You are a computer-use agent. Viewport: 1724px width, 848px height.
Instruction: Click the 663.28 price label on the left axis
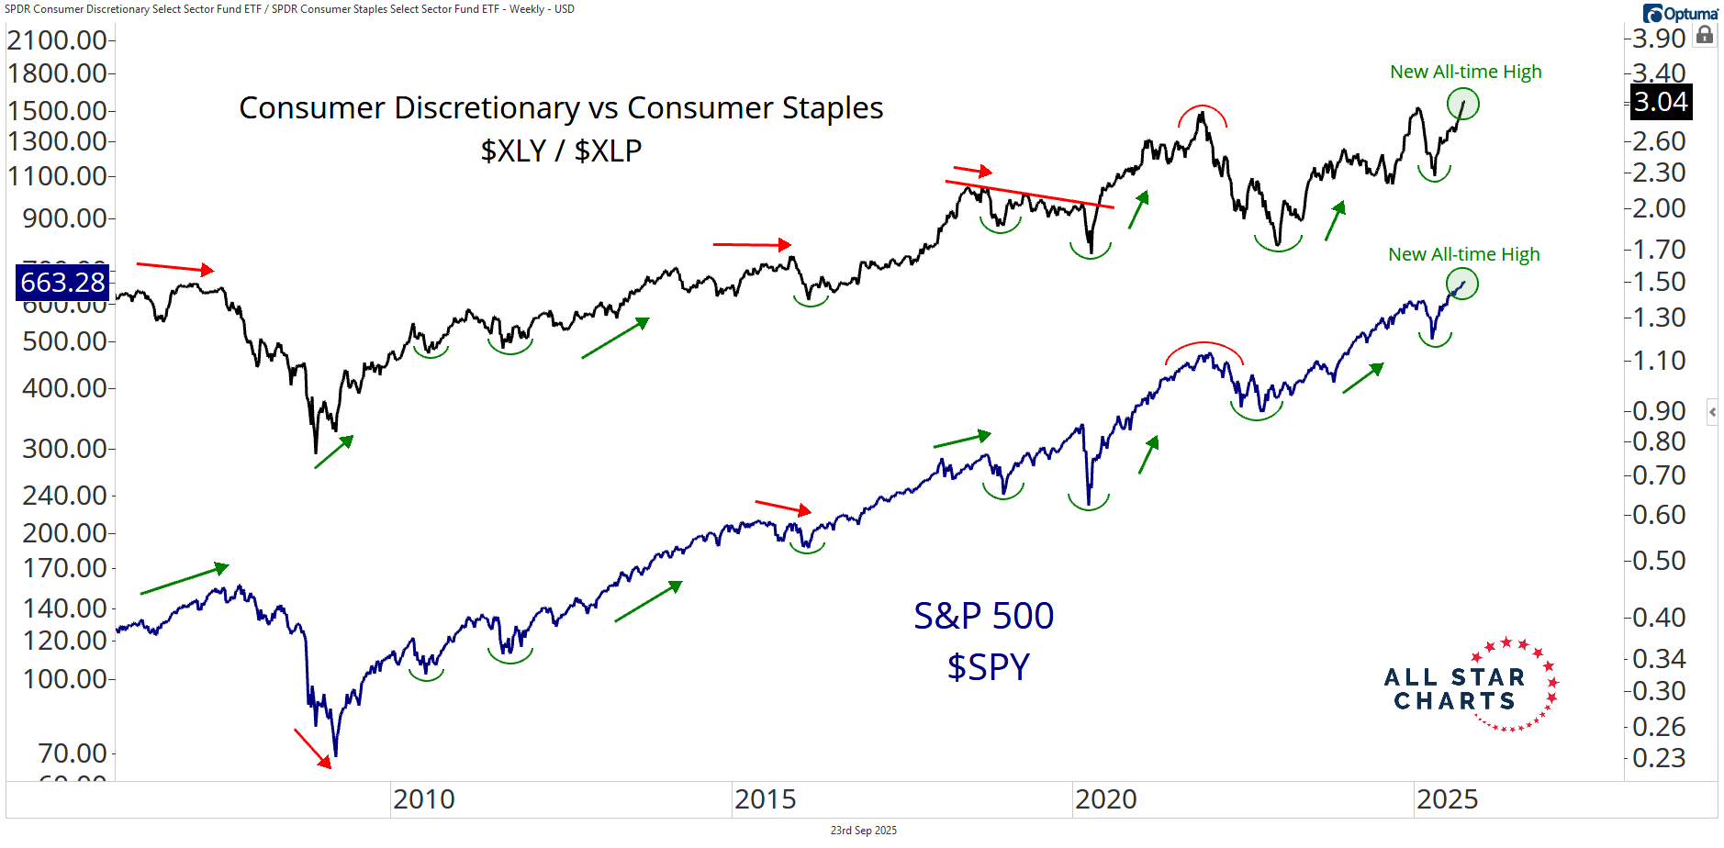(62, 282)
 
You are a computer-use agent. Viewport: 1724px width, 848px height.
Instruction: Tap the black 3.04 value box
(1661, 102)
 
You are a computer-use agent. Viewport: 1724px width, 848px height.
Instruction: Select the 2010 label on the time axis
(423, 799)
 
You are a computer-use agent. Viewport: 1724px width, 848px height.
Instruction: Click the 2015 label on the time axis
(765, 799)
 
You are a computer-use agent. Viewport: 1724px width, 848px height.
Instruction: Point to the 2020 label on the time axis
(1105, 799)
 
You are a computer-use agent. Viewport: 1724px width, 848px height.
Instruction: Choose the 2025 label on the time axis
(1447, 799)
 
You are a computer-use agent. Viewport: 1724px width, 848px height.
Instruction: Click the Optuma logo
(1680, 13)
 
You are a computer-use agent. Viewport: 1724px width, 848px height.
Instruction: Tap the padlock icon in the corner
(1705, 36)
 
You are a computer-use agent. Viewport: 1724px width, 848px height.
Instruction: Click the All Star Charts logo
(1469, 686)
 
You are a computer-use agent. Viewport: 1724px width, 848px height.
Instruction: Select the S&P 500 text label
(983, 616)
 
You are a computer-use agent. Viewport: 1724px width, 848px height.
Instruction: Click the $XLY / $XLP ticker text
(561, 150)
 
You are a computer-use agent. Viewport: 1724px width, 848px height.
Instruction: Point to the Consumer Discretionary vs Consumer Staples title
(561, 108)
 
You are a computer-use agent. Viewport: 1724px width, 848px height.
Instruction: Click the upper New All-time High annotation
(1465, 72)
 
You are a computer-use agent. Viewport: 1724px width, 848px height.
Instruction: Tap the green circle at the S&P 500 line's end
(1462, 284)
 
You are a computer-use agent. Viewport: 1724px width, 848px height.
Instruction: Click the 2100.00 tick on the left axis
(57, 40)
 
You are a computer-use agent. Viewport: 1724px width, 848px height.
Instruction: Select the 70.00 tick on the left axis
(73, 753)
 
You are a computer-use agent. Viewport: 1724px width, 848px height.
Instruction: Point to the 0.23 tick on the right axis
(1659, 758)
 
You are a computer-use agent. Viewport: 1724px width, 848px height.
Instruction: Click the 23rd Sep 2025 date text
(863, 831)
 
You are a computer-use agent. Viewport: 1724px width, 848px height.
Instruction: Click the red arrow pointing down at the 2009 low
(312, 748)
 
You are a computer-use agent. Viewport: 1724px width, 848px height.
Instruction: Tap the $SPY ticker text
(988, 666)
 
